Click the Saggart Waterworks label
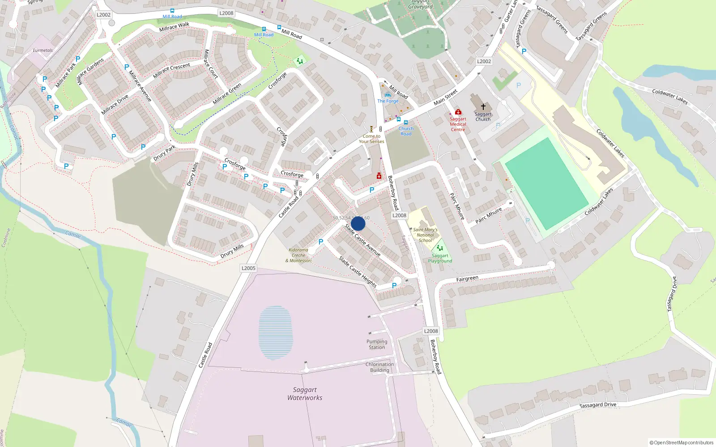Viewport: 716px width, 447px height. click(x=305, y=394)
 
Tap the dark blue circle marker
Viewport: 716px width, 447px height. click(x=358, y=223)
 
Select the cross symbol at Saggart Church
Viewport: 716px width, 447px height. click(x=483, y=107)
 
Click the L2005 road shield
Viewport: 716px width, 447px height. click(x=248, y=268)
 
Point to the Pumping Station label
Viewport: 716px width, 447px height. click(x=377, y=344)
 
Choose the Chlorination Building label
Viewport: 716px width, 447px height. click(x=379, y=367)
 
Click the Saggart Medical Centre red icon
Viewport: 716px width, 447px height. click(x=458, y=112)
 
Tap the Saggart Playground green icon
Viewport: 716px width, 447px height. click(x=440, y=248)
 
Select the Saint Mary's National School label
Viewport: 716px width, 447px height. click(x=425, y=235)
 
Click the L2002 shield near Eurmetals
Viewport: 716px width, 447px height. click(x=103, y=15)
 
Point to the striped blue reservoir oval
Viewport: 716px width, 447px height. click(x=275, y=333)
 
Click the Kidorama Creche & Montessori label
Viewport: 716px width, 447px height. click(x=298, y=255)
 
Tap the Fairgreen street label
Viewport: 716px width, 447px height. click(x=467, y=279)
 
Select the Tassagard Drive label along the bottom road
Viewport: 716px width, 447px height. click(x=598, y=405)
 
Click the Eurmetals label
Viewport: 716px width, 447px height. click(x=43, y=51)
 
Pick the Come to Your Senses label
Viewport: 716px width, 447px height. click(x=371, y=139)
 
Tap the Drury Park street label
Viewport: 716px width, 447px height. click(x=164, y=153)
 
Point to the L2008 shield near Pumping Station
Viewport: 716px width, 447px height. click(x=430, y=331)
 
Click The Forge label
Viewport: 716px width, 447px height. click(x=388, y=101)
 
